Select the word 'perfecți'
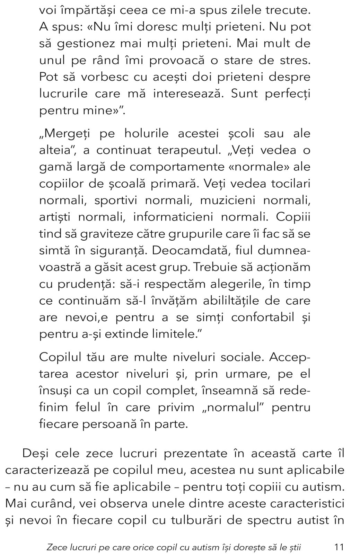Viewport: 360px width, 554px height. pyautogui.click(x=288, y=94)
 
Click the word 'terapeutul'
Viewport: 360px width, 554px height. pyautogui.click(x=188, y=150)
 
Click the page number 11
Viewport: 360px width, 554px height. pyautogui.click(x=339, y=547)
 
